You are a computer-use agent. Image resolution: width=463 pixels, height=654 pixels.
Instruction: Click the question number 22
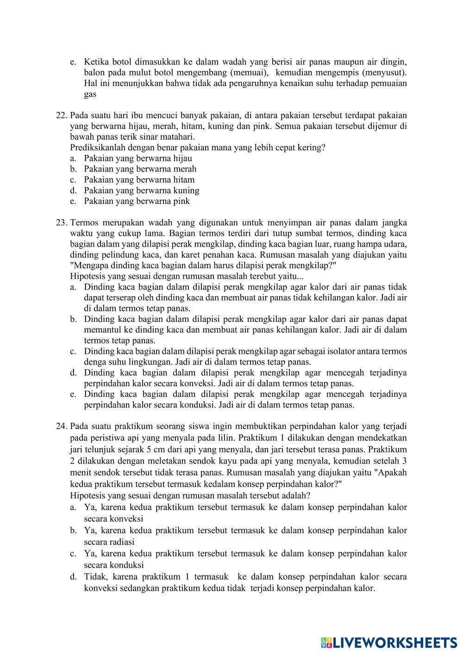tap(62, 116)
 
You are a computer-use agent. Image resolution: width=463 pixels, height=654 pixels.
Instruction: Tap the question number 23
tap(62, 223)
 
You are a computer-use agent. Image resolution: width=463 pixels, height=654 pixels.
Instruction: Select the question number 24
tap(62, 426)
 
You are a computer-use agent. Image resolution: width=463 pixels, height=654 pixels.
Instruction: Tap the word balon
tap(94, 73)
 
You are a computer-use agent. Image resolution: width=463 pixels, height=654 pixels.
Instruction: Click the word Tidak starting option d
tap(94, 577)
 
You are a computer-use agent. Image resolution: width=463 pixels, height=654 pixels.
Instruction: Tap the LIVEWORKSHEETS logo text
tap(394, 642)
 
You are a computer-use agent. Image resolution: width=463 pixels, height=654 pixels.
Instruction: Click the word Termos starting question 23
tap(84, 223)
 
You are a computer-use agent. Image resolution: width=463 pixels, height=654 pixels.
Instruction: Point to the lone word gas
tap(90, 94)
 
